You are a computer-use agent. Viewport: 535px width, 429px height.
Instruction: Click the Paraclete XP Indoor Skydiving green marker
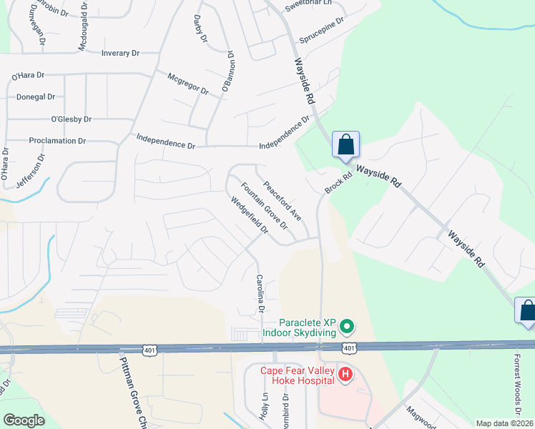(x=348, y=327)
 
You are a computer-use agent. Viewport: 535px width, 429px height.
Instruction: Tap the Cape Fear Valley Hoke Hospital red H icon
(x=345, y=375)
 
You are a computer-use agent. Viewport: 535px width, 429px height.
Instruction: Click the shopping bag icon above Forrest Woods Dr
(x=527, y=310)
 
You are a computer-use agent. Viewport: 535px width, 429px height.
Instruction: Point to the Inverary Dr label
(x=120, y=54)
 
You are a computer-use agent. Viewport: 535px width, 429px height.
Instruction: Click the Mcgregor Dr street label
(x=187, y=84)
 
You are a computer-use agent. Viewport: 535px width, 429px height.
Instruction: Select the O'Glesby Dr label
(x=71, y=119)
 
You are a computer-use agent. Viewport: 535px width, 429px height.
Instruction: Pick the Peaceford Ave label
(x=282, y=201)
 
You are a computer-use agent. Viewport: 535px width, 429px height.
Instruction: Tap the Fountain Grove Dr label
(x=264, y=206)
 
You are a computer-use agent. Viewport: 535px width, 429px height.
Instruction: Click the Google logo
(x=24, y=420)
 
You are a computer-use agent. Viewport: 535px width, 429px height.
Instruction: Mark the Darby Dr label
(x=200, y=27)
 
